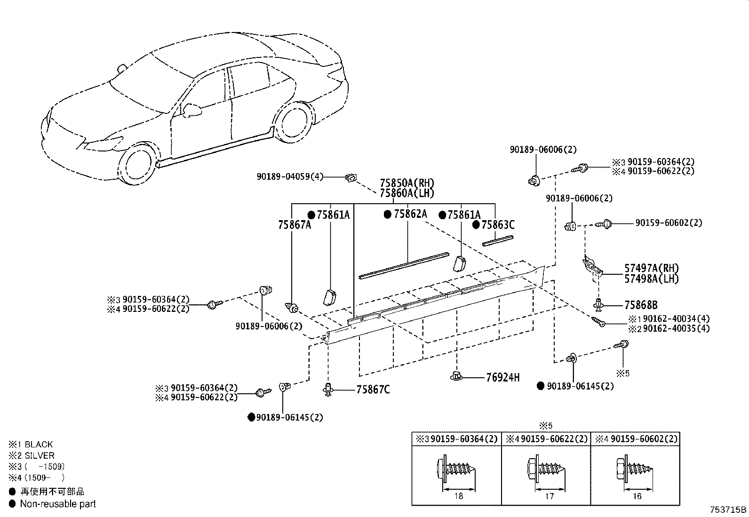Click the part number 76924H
502,377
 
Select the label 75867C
373,390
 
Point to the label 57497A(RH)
652,268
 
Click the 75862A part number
410,214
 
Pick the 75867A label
295,225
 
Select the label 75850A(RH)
406,183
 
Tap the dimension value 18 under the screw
459,496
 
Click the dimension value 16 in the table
637,496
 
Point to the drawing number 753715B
728,509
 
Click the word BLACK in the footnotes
39,445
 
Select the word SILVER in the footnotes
40,456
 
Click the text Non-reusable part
57,504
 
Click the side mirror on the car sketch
192,111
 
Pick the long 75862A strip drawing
404,266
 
